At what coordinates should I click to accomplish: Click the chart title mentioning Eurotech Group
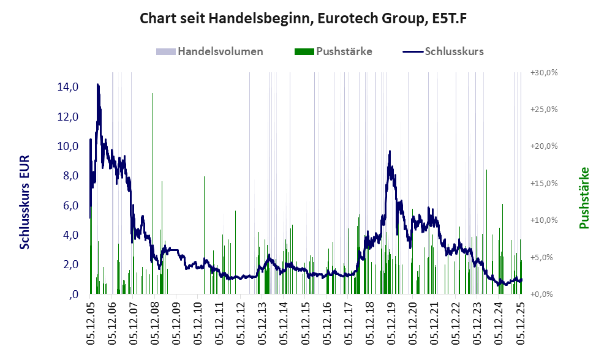tap(304, 18)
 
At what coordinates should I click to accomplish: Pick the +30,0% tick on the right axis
tap(543, 72)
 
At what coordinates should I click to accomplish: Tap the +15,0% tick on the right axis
tap(543, 184)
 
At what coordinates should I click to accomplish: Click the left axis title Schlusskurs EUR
tap(25, 202)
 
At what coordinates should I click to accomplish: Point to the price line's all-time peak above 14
tap(97, 84)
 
